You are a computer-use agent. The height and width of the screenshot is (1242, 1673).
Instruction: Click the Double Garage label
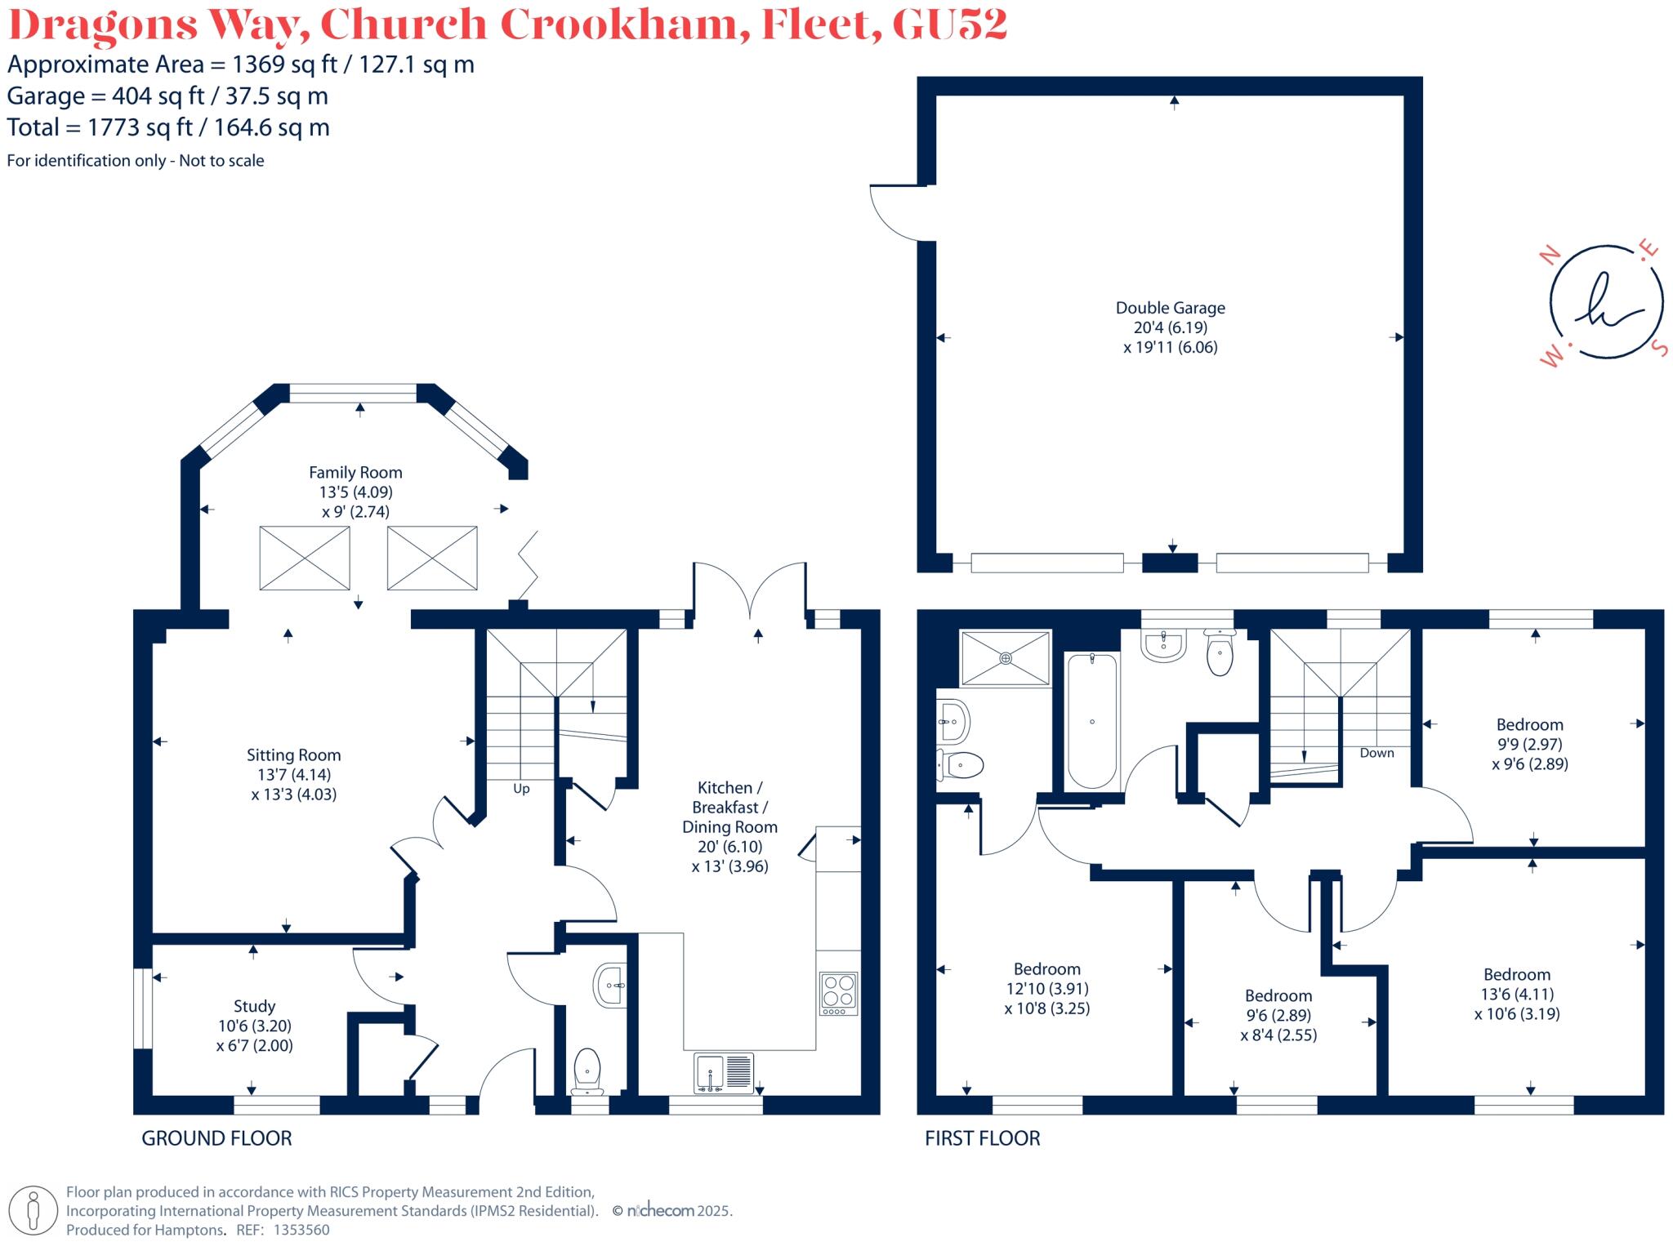[1170, 308]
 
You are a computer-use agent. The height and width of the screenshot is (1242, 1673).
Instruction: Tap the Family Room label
[355, 472]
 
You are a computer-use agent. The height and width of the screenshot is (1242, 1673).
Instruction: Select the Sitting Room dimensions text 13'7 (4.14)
[292, 774]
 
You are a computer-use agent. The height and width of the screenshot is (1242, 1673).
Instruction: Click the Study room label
[254, 1006]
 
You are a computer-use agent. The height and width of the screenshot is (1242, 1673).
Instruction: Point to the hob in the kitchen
[839, 993]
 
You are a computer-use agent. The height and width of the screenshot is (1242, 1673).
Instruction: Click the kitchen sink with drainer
[724, 1073]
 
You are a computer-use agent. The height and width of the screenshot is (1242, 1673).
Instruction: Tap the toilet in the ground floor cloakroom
[587, 1071]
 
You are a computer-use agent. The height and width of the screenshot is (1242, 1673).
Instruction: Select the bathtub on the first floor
[1092, 720]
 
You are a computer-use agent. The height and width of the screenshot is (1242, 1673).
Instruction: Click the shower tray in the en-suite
[1006, 658]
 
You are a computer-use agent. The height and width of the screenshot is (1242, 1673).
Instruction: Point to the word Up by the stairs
[521, 789]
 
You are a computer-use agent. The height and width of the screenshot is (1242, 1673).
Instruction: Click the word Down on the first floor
[1376, 753]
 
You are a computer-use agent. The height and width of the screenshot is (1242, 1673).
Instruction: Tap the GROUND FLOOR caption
[216, 1138]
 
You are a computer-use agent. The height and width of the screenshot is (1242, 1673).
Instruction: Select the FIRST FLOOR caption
[982, 1138]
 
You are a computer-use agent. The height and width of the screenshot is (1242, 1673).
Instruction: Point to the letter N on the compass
[1549, 256]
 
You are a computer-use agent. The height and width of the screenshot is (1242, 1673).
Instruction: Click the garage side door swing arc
[894, 214]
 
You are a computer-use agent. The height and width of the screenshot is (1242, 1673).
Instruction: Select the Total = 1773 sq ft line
[168, 127]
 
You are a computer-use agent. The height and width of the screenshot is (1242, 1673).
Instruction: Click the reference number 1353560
[301, 1230]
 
